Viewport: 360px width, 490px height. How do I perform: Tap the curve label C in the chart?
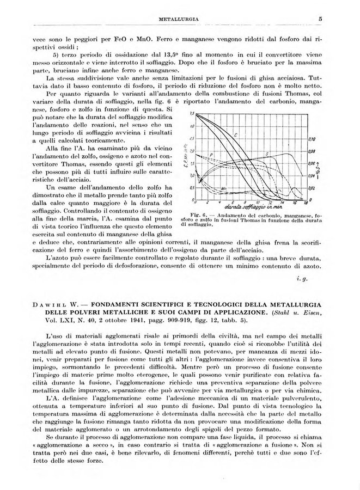pyautogui.click(x=235, y=133)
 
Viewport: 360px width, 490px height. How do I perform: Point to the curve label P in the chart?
pyautogui.click(x=211, y=156)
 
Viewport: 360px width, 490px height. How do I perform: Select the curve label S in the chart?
pyautogui.click(x=267, y=155)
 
